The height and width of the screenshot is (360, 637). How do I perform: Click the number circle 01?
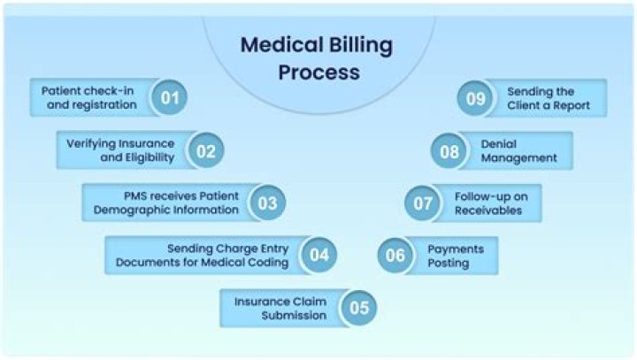(x=169, y=97)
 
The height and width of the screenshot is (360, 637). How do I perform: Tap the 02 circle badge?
(x=205, y=150)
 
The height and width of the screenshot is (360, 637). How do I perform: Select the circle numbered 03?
(x=267, y=203)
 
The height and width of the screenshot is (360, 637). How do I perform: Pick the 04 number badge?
(x=318, y=255)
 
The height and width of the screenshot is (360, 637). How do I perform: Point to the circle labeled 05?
(x=358, y=308)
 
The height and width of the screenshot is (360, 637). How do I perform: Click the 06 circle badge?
(x=395, y=255)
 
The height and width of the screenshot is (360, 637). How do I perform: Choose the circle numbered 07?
(x=423, y=203)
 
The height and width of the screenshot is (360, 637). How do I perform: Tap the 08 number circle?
(x=449, y=151)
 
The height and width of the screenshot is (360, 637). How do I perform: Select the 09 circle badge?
(x=475, y=98)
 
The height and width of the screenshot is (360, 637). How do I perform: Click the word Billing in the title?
(x=361, y=45)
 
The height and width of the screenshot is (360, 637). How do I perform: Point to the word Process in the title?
(x=318, y=73)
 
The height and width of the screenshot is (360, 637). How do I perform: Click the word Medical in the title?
(x=282, y=44)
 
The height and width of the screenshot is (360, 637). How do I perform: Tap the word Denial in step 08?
(x=498, y=144)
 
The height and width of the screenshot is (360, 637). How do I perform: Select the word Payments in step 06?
(x=456, y=249)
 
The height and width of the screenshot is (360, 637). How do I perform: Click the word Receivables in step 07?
(x=488, y=210)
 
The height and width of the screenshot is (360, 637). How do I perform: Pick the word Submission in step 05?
(x=294, y=315)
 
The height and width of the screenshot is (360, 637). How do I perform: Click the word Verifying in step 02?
(x=93, y=144)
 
